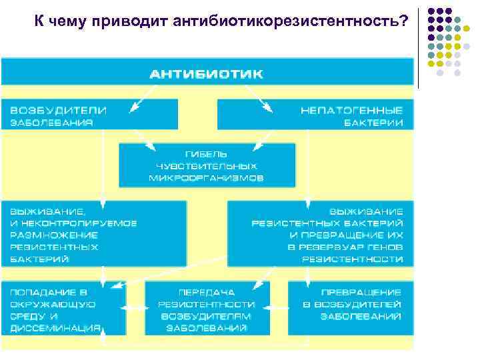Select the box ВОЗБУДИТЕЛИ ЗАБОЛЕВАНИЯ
90,115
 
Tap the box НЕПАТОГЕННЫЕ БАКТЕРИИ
315,115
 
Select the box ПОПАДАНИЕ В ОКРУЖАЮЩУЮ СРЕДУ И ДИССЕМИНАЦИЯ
63,309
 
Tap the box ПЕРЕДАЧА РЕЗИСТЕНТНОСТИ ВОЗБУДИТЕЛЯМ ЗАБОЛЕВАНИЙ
207,309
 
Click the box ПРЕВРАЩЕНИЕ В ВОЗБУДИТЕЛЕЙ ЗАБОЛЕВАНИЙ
351,309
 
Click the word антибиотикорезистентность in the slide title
290,21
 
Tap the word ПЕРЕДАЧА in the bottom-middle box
206,291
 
